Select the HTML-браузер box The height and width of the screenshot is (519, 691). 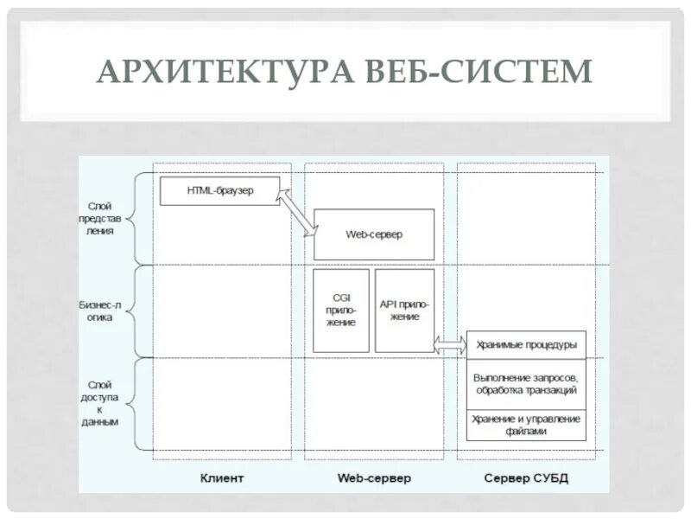coord(220,190)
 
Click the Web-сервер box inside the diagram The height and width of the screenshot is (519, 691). coord(373,234)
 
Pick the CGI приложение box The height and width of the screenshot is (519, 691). coord(340,310)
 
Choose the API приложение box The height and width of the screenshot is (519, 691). coord(404,310)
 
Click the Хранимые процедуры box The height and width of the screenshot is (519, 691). coord(526,344)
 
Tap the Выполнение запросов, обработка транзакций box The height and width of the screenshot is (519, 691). coord(526,383)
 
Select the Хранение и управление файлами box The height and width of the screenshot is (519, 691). coord(526,424)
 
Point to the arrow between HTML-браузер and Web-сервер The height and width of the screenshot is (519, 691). coord(300,213)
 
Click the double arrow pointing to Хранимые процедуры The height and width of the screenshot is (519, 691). coord(449,344)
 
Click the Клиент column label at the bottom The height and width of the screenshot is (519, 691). coord(222,478)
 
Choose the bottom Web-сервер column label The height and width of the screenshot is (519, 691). coord(373,478)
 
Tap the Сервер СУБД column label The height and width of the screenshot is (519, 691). coord(525,478)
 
